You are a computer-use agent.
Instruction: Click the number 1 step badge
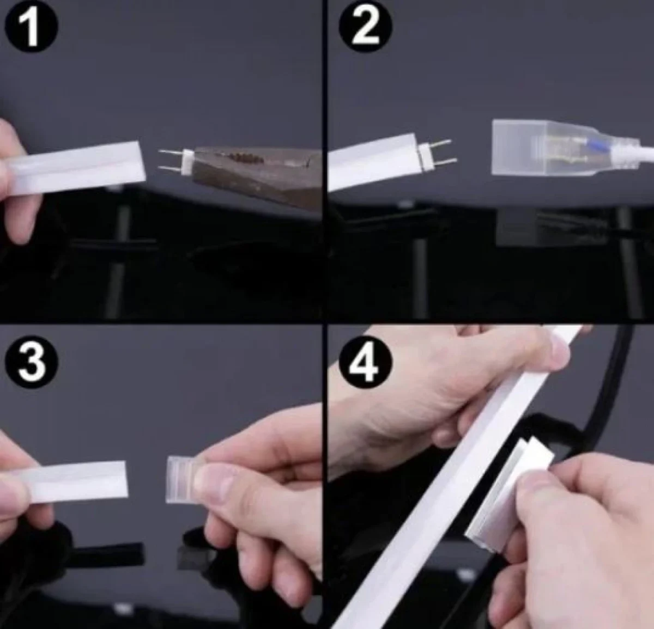click(31, 26)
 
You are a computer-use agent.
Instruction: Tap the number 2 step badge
click(365, 26)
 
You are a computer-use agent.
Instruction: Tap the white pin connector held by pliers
click(187, 162)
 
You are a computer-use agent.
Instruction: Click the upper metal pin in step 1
click(171, 152)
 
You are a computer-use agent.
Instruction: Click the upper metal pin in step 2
click(440, 143)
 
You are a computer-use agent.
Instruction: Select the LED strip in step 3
click(70, 482)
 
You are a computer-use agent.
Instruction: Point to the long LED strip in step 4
click(457, 477)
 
